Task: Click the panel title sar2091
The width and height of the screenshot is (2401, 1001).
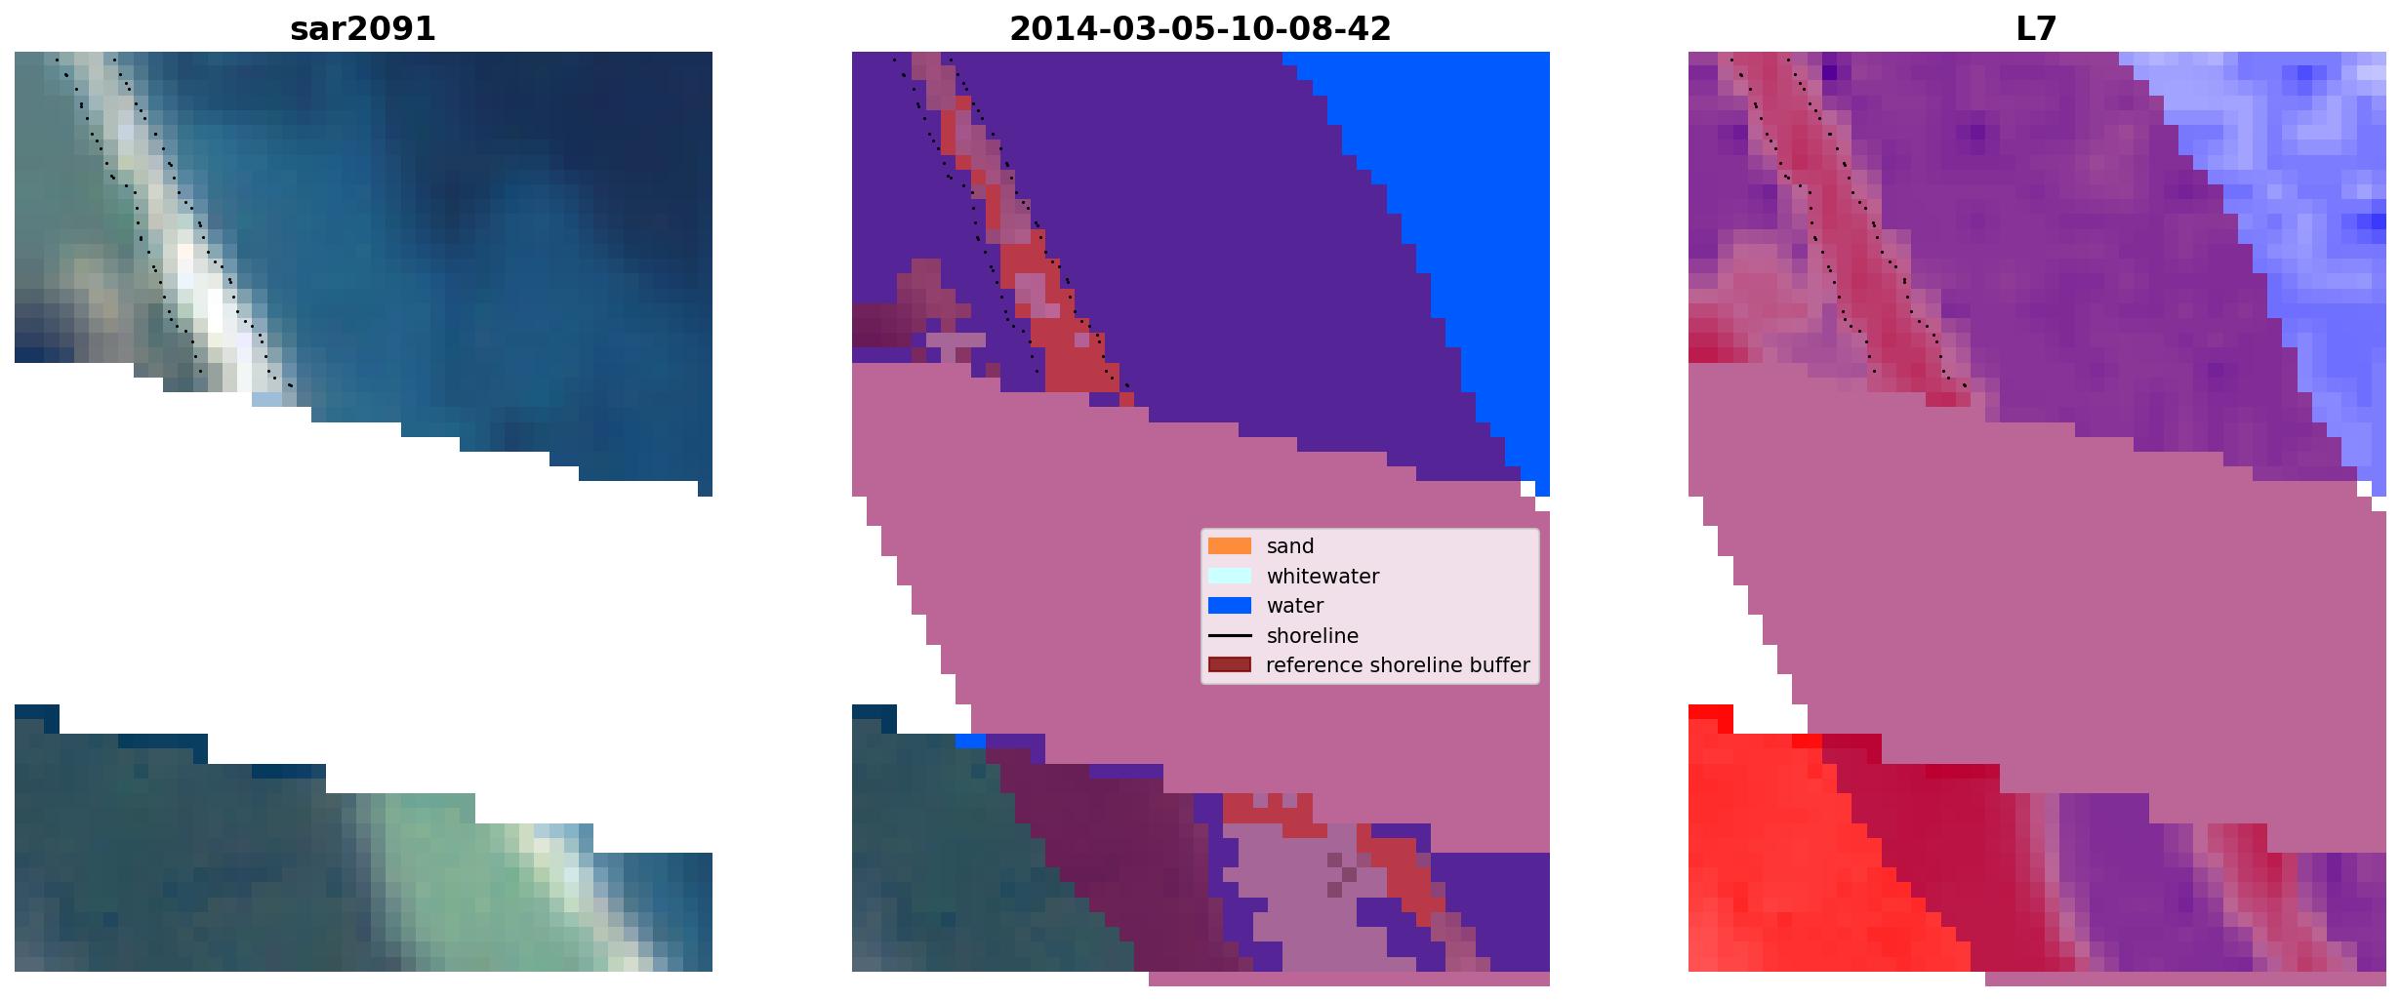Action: tap(363, 29)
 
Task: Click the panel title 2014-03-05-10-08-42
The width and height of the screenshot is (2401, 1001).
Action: tap(1200, 29)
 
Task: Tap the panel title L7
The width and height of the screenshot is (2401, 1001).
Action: tap(2037, 29)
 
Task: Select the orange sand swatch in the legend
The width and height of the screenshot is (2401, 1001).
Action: tap(1229, 546)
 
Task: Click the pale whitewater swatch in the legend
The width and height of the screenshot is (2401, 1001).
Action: tap(1229, 576)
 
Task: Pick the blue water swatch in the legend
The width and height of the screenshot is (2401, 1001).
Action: tap(1229, 606)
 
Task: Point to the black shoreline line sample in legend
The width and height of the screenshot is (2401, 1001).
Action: tap(1229, 636)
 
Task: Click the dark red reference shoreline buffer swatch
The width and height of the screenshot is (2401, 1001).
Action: tap(1229, 665)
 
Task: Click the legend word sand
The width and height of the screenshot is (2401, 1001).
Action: tap(1290, 546)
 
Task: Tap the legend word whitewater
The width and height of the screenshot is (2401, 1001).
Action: tap(1323, 577)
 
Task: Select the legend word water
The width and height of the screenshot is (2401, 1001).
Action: tap(1295, 606)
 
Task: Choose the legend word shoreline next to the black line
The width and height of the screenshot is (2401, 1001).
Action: tap(1313, 636)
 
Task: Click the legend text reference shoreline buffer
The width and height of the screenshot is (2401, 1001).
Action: tap(1398, 665)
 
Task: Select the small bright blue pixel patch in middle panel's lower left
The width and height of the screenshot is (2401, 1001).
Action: tap(970, 741)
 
